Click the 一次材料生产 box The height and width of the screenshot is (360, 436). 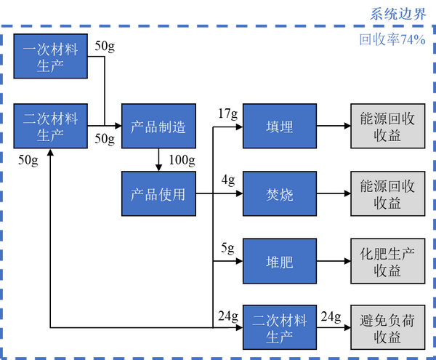click(x=50, y=56)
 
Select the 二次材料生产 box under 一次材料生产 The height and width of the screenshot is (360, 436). click(x=50, y=126)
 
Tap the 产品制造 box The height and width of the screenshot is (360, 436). click(x=158, y=127)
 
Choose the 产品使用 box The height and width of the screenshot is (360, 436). click(x=158, y=194)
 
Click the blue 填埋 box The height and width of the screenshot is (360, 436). click(x=280, y=127)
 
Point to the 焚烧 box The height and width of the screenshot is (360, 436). click(x=280, y=194)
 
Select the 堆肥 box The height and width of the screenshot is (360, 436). click(x=280, y=261)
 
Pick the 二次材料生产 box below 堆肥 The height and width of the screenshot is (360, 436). click(x=280, y=328)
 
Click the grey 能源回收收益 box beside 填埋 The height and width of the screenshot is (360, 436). click(x=387, y=127)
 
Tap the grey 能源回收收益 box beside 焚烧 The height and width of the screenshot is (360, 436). click(x=387, y=194)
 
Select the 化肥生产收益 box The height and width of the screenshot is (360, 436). click(x=387, y=261)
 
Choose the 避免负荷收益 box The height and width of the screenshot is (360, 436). click(x=387, y=328)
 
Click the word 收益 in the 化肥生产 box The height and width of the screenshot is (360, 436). click(x=387, y=271)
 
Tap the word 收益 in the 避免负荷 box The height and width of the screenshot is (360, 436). click(x=387, y=337)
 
